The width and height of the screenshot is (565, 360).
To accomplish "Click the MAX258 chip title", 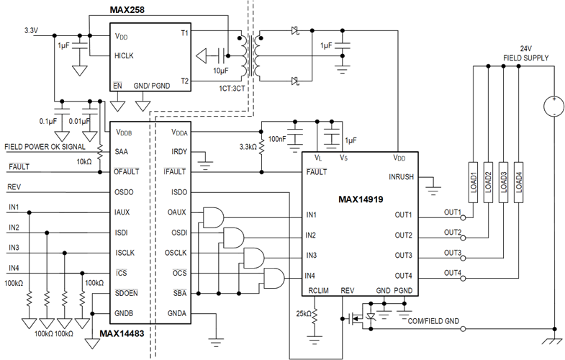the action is click(127, 10).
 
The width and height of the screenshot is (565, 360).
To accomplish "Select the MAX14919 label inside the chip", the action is click(361, 199).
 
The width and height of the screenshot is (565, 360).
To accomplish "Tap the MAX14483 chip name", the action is click(122, 333).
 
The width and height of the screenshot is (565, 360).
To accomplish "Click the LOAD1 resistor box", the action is click(473, 182).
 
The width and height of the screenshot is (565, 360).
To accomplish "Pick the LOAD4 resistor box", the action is click(518, 182).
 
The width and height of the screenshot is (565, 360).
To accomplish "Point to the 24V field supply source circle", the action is click(553, 107).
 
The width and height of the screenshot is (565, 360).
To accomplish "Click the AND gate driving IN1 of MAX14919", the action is click(213, 217).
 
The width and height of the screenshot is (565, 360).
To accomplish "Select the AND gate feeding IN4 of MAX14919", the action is click(274, 278).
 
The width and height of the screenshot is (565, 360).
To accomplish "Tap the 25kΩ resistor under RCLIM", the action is click(315, 317).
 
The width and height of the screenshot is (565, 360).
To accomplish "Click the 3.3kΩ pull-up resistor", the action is click(261, 146).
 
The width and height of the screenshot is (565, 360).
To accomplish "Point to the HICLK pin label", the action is click(124, 56).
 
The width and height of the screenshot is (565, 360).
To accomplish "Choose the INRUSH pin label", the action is click(401, 177).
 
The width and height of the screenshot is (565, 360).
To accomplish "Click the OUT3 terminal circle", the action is click(464, 258).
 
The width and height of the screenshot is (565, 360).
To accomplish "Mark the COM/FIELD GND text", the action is click(433, 321).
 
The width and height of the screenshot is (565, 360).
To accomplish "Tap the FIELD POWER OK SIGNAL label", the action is click(45, 147).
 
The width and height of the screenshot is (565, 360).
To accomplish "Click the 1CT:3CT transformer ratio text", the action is click(232, 89).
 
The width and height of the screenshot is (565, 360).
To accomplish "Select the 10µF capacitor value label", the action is click(220, 71).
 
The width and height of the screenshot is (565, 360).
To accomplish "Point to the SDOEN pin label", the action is click(126, 293).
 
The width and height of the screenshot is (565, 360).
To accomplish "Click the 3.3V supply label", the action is click(31, 31).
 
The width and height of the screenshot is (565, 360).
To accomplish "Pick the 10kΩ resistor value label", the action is click(84, 162).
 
